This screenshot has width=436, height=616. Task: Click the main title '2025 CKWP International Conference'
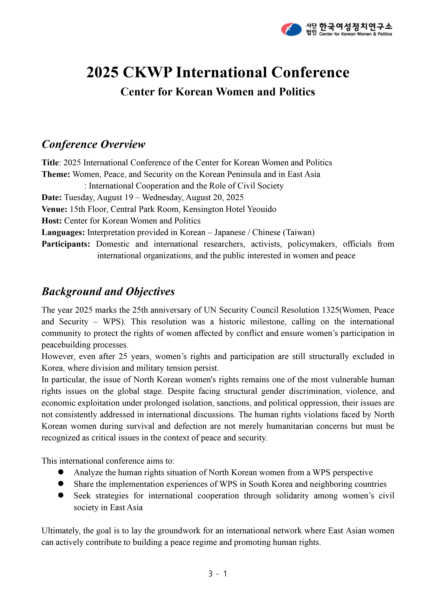pos(218,72)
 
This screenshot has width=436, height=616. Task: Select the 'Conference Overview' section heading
pos(93,144)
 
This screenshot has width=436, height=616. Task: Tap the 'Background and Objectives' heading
pos(108,292)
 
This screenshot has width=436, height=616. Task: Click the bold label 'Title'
pos(50,163)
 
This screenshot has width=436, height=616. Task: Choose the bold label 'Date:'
pos(52,197)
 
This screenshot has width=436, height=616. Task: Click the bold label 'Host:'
pos(52,221)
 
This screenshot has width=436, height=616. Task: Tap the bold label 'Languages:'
pos(63,232)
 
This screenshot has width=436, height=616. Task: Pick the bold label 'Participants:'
pos(66,244)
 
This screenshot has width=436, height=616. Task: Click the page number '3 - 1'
pos(218,574)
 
